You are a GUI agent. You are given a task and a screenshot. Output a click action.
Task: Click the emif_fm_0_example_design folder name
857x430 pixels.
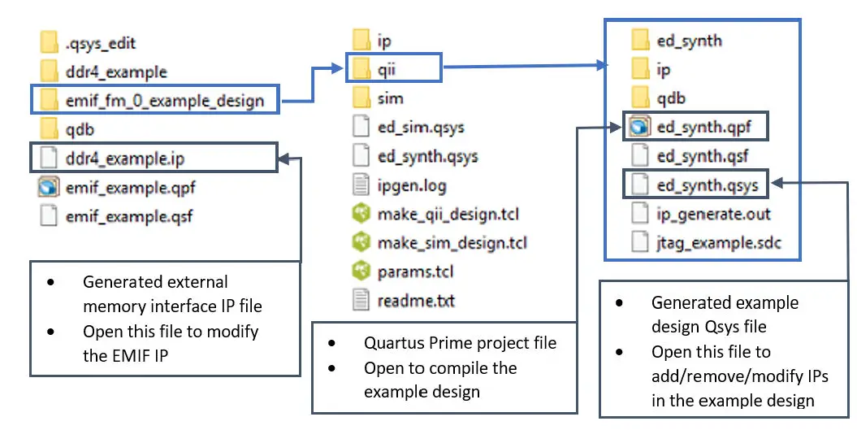(165, 101)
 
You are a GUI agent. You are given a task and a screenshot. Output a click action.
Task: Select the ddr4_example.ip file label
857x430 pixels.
(131, 158)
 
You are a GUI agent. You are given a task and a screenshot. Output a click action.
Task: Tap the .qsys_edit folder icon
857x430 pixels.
(50, 43)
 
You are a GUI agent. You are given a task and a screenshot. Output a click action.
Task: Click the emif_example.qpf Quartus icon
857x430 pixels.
(50, 188)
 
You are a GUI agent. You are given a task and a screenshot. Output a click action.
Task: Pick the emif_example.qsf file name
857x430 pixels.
(129, 216)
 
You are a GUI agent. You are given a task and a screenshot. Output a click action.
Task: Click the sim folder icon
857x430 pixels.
(362, 98)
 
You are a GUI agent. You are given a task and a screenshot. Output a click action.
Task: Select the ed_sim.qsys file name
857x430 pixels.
(421, 128)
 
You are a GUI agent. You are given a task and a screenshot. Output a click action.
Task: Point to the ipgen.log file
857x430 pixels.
(412, 186)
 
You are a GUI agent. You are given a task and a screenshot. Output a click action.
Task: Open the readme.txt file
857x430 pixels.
(416, 302)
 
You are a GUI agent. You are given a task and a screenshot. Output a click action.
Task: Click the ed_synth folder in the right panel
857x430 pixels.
(689, 40)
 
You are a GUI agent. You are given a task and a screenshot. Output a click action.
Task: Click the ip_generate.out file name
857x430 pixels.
(713, 215)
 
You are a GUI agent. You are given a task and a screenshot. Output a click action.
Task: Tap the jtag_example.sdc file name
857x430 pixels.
(718, 243)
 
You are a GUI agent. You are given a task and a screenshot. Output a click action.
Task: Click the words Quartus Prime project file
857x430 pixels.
(460, 343)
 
